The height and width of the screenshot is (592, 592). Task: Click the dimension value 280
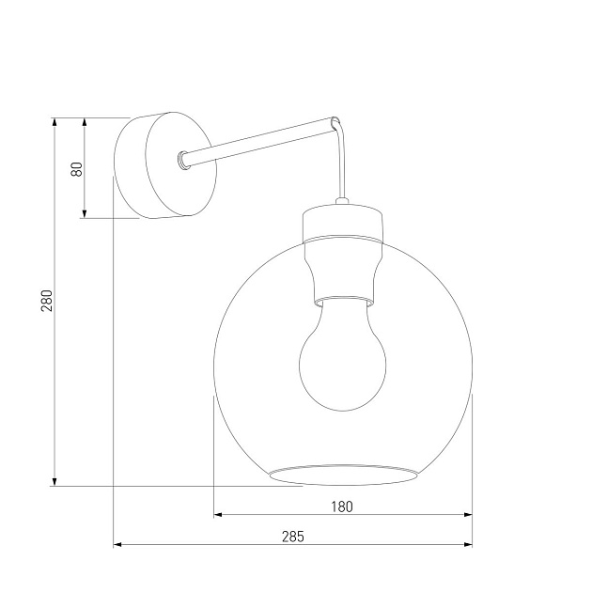tap(46, 301)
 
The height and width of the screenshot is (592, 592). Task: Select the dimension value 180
tap(341, 506)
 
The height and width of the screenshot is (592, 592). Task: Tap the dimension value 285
tap(293, 537)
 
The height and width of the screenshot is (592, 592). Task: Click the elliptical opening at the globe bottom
tap(343, 474)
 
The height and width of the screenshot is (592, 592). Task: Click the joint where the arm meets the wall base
tap(182, 160)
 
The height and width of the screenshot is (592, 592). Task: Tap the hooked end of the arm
tap(335, 121)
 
